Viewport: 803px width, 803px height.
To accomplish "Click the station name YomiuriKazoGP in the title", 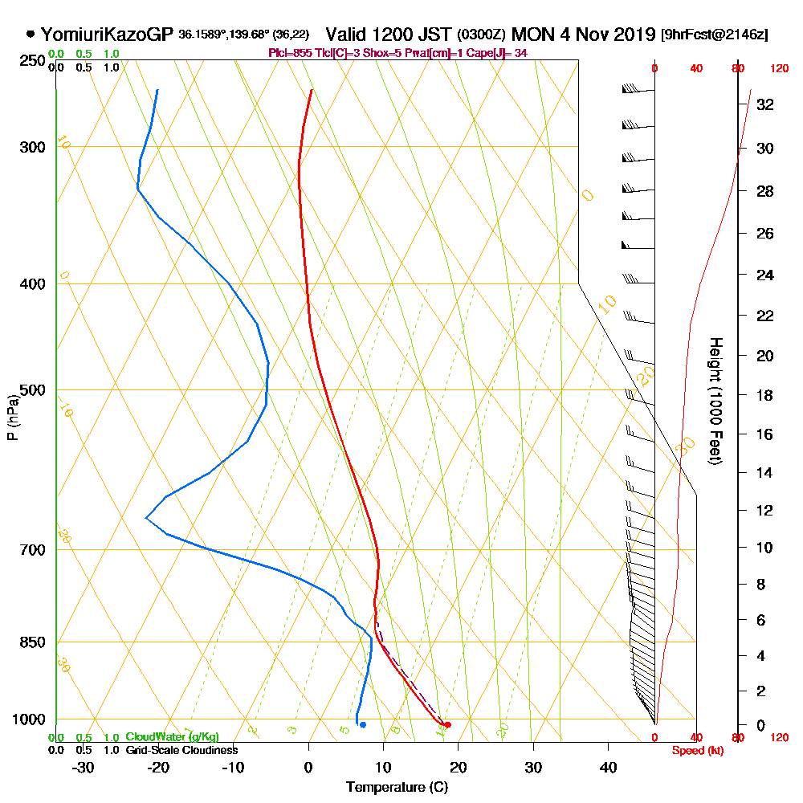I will [106, 35].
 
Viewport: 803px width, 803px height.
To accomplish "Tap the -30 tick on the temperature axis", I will [84, 768].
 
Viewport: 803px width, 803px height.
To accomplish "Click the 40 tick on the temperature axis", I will [608, 768].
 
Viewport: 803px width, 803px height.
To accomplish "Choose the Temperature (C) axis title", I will [397, 787].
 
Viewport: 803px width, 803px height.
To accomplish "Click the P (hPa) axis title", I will [12, 417].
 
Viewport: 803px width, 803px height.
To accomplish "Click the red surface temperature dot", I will [447, 725].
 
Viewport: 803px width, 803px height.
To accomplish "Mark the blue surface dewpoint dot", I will [363, 725].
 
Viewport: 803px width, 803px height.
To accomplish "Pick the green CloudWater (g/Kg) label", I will [172, 737].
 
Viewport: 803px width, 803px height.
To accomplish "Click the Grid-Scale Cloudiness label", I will [181, 750].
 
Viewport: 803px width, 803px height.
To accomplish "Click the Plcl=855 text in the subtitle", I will [288, 53].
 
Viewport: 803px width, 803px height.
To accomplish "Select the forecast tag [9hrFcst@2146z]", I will [714, 35].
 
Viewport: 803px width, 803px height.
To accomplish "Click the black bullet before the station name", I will [31, 35].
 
